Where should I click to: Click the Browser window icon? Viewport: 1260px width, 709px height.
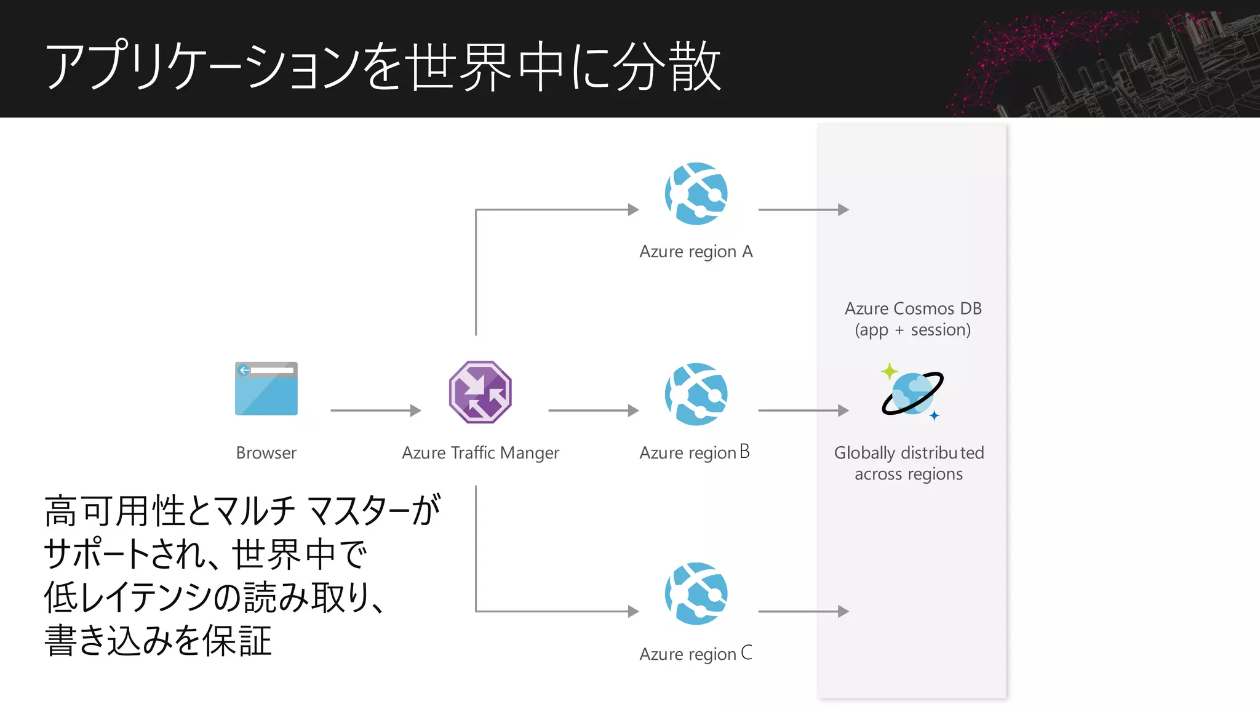click(x=266, y=388)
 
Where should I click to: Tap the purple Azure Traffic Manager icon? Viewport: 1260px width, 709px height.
click(x=480, y=392)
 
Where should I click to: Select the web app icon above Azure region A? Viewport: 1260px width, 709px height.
click(x=696, y=193)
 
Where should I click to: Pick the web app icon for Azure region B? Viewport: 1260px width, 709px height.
click(x=696, y=394)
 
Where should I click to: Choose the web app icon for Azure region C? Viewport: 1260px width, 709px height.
click(x=696, y=593)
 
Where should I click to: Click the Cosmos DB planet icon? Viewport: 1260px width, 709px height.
click(x=912, y=394)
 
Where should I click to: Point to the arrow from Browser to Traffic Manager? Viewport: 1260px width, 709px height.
click(x=375, y=411)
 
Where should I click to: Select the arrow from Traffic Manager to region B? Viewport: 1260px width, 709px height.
click(x=593, y=411)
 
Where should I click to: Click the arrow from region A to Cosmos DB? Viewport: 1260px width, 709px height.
click(x=803, y=210)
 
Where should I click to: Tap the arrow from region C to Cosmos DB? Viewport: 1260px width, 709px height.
click(x=803, y=612)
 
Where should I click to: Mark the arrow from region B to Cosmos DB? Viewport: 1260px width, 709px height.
click(x=803, y=411)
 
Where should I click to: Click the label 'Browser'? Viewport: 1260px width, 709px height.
click(x=266, y=453)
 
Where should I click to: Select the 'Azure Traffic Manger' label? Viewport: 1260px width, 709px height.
click(x=480, y=453)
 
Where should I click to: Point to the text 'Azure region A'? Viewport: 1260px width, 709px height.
click(x=696, y=252)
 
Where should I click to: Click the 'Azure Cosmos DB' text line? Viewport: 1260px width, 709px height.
click(x=913, y=308)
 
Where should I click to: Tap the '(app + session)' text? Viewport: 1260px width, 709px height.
click(x=913, y=330)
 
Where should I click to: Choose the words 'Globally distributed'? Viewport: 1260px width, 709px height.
click(x=909, y=453)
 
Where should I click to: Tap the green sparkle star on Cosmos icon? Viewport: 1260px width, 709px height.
click(x=889, y=371)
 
